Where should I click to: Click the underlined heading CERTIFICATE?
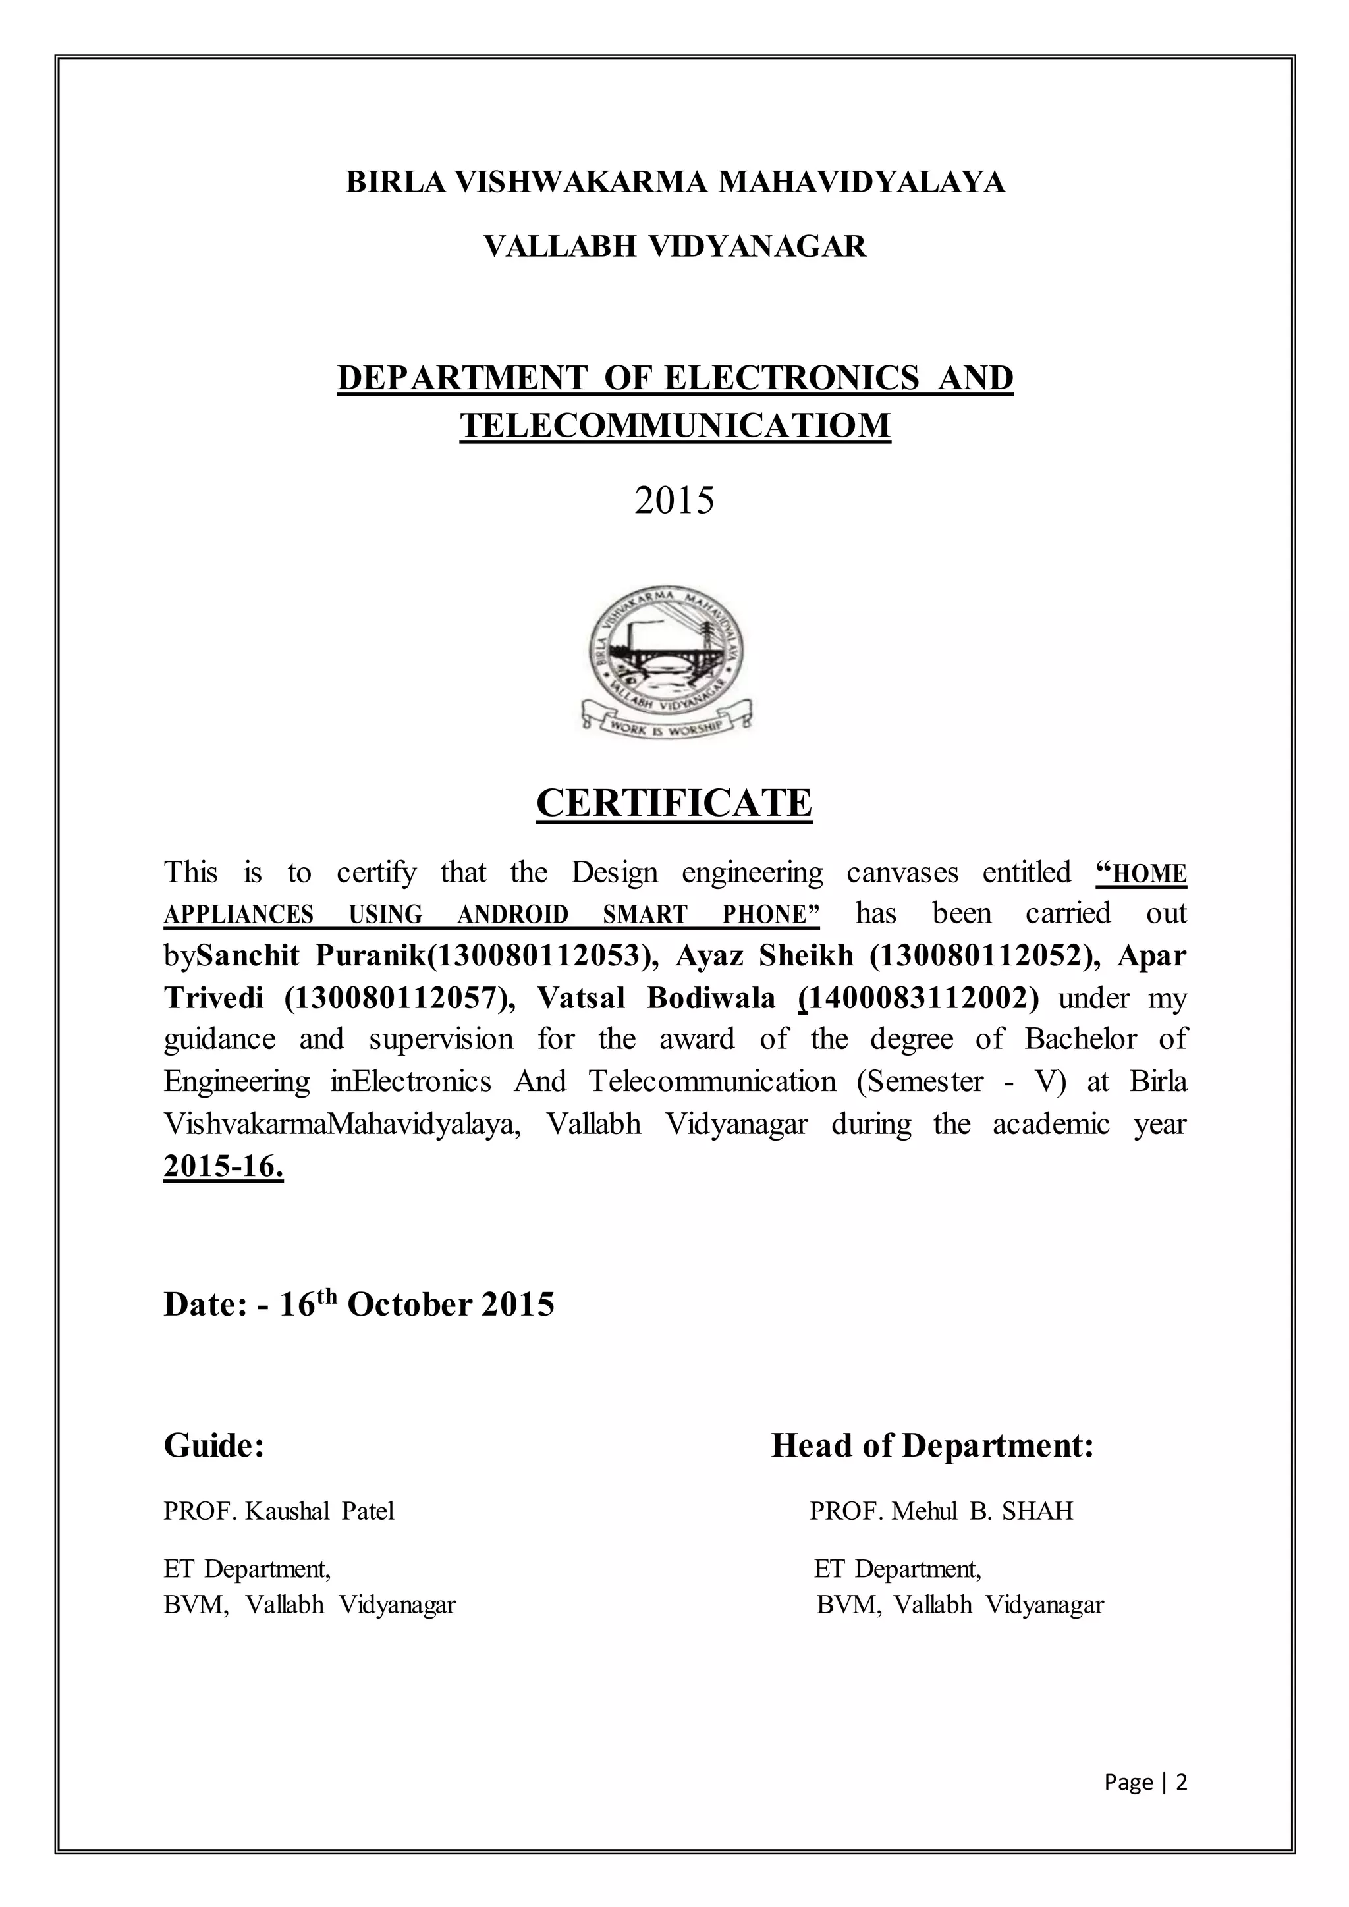(674, 803)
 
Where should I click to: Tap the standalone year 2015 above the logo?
(674, 501)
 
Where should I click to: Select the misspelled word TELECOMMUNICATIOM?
(674, 425)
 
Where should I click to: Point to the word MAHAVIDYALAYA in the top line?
(860, 181)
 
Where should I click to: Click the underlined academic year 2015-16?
(223, 1166)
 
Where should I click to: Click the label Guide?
(214, 1445)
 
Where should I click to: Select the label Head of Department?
(932, 1445)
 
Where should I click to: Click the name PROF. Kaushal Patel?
(279, 1511)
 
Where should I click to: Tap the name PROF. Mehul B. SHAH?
(941, 1511)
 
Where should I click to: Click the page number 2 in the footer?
(1182, 1783)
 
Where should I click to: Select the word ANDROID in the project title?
(512, 915)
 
